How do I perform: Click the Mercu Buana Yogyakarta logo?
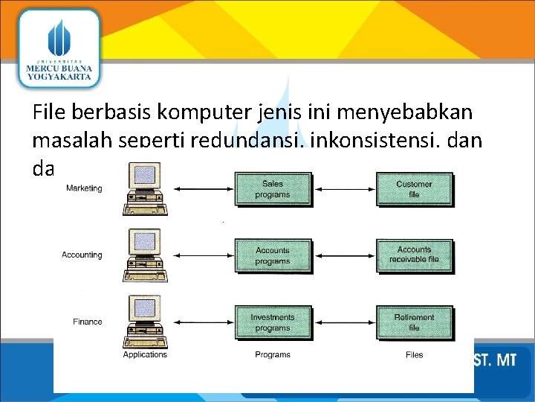coord(57,48)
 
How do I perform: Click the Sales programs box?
coord(273,189)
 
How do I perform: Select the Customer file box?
coord(414,189)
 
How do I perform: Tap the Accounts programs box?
coord(273,255)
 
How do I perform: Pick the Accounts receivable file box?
coord(414,255)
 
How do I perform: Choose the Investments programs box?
coord(273,322)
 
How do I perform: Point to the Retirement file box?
coord(414,322)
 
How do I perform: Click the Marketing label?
coord(84,188)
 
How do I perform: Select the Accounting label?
coord(82,255)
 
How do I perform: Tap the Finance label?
coord(87,322)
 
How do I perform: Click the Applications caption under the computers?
coord(145,354)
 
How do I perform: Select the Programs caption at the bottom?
coord(273,354)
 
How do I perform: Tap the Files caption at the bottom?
coord(414,354)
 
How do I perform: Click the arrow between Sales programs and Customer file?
coord(343,189)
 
